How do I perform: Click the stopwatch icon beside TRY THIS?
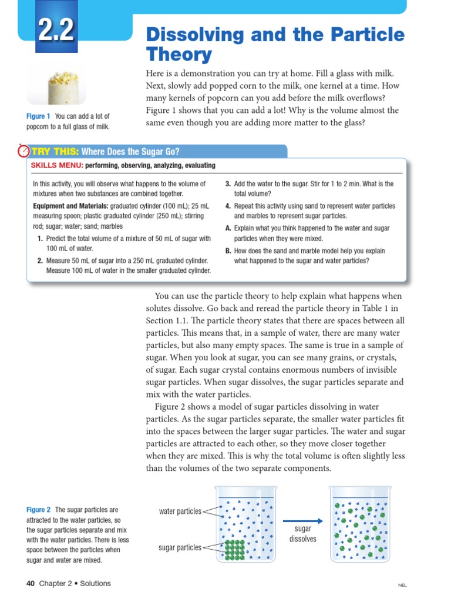pyautogui.click(x=24, y=151)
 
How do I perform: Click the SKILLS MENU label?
pyautogui.click(x=56, y=166)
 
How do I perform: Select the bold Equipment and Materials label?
pyautogui.click(x=70, y=206)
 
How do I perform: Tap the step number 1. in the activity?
pyautogui.click(x=40, y=239)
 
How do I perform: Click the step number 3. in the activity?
pyautogui.click(x=228, y=184)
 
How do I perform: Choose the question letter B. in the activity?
pyautogui.click(x=228, y=250)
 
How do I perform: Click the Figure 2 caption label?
pyautogui.click(x=39, y=510)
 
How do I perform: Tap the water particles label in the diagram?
pyautogui.click(x=180, y=511)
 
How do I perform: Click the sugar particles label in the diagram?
pyautogui.click(x=180, y=548)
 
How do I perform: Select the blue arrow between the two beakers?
pyautogui.click(x=302, y=520)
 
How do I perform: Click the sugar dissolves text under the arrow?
pyautogui.click(x=302, y=534)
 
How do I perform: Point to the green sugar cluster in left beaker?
pyautogui.click(x=235, y=550)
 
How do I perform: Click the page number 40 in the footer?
pyautogui.click(x=31, y=584)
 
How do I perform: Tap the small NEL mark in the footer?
pyautogui.click(x=402, y=586)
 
